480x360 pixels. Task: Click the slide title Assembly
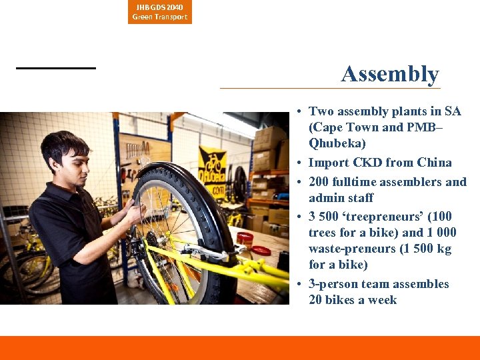click(x=390, y=74)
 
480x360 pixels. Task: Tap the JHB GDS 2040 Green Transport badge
click(x=160, y=12)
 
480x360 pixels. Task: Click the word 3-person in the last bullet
click(x=333, y=284)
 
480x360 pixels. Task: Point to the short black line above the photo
click(x=56, y=68)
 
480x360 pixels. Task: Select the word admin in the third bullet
click(x=324, y=198)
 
